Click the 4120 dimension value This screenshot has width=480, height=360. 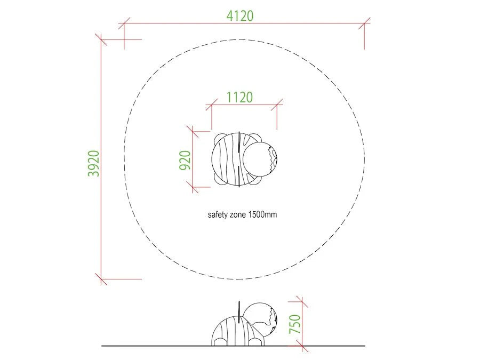click(240, 16)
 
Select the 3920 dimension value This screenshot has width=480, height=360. click(94, 164)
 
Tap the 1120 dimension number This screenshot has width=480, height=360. click(239, 98)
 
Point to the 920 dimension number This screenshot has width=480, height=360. click(185, 160)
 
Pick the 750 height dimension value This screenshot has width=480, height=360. click(295, 324)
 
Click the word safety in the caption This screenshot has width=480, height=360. click(218, 214)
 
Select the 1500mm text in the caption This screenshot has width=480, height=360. click(262, 214)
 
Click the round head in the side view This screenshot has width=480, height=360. click(260, 318)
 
